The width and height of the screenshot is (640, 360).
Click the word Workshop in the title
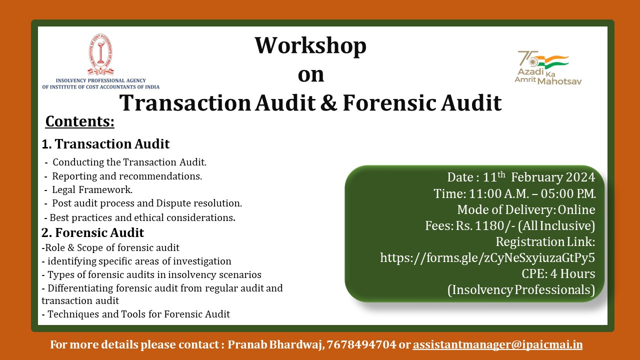310,46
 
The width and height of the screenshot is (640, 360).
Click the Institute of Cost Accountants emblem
100,54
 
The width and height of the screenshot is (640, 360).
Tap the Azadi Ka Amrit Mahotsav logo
548,68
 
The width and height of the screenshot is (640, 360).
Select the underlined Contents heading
79,121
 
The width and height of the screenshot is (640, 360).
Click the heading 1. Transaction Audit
105,143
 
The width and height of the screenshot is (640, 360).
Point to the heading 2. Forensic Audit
92,232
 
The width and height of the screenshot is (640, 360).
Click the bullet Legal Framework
92,189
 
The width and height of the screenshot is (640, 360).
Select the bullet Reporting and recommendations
127,176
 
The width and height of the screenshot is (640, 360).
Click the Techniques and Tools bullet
138,314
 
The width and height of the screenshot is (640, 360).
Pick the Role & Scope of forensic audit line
112,247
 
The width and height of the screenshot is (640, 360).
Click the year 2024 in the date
580,177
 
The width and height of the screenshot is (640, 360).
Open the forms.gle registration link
487,257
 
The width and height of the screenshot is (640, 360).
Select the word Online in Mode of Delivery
576,209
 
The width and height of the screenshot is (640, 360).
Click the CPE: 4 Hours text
558,273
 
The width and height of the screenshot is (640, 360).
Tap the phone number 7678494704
361,344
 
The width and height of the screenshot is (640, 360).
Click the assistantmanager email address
497,345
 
